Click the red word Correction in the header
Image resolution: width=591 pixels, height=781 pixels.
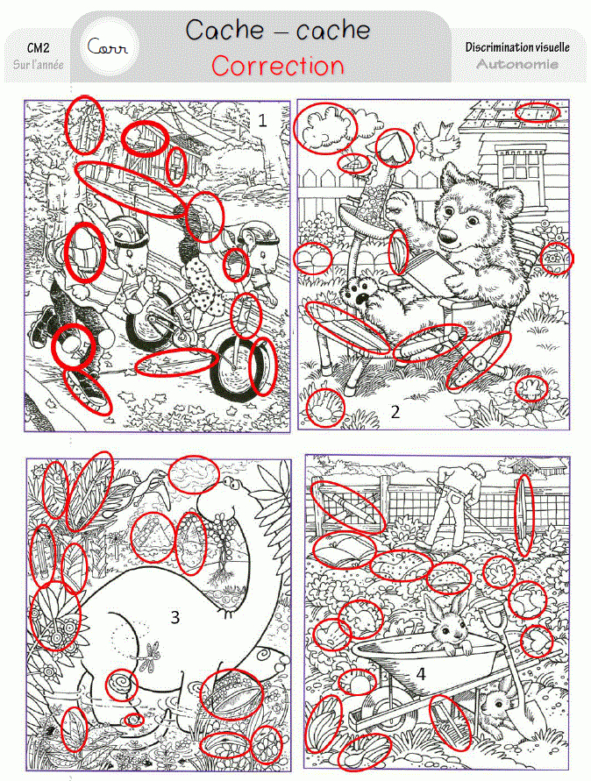(278, 65)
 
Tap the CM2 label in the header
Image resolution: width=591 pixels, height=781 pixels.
(39, 48)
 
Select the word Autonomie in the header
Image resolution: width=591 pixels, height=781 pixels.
(517, 64)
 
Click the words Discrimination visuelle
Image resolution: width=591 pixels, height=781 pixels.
(517, 47)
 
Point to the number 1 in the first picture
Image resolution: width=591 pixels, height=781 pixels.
(262, 120)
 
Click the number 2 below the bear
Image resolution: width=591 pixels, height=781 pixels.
(395, 411)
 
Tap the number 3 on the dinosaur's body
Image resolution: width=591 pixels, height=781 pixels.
(174, 617)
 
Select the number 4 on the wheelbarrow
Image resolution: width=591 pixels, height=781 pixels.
(421, 674)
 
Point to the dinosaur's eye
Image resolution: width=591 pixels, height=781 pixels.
(230, 481)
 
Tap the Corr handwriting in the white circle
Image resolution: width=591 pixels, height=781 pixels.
(107, 47)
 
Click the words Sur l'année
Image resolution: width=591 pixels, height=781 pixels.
(39, 64)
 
